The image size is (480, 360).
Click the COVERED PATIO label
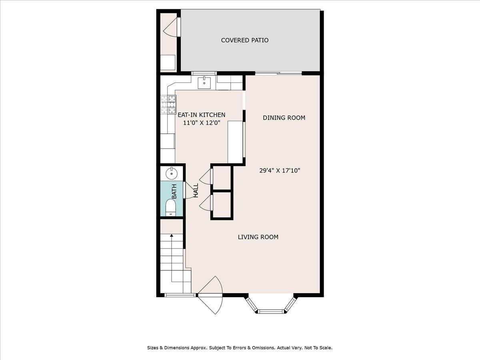pyautogui.click(x=244, y=40)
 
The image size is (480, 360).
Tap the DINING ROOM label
pyautogui.click(x=284, y=118)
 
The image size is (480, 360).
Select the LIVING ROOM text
pyautogui.click(x=258, y=237)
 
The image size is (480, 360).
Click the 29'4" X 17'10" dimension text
pyautogui.click(x=280, y=170)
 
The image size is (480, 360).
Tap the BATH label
pyautogui.click(x=174, y=192)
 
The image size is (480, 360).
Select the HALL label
pyautogui.click(x=196, y=190)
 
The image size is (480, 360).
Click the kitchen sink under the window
pyautogui.click(x=204, y=82)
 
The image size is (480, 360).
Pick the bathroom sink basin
pyautogui.click(x=172, y=173)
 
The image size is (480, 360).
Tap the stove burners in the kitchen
pyautogui.click(x=168, y=104)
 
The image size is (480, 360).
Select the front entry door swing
pyautogui.click(x=211, y=296)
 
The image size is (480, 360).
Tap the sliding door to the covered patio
pyautogui.click(x=278, y=73)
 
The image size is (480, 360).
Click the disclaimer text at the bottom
pyautogui.click(x=240, y=348)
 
